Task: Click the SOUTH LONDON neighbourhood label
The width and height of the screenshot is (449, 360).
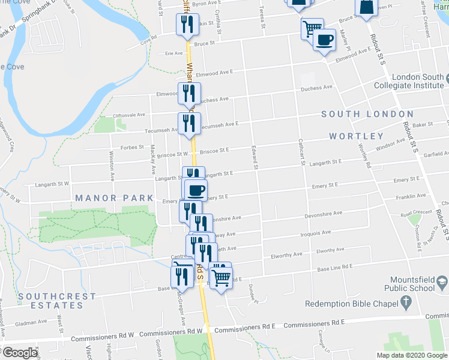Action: tap(367, 114)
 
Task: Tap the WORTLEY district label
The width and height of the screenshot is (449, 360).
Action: tap(356, 136)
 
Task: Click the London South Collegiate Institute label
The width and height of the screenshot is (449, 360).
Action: tap(418, 81)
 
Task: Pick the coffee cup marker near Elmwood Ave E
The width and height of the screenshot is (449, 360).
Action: tap(325, 40)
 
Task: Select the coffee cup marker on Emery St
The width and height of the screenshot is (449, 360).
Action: tap(196, 191)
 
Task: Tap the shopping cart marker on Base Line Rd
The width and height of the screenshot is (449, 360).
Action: tap(221, 277)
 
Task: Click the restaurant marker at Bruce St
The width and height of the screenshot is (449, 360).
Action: tap(187, 24)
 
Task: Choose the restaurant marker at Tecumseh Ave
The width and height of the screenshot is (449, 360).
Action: tap(188, 123)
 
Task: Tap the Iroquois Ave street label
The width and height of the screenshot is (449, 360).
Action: tap(318, 233)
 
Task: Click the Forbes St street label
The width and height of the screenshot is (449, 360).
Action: tap(132, 147)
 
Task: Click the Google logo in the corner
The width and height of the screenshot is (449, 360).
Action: tap(20, 353)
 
